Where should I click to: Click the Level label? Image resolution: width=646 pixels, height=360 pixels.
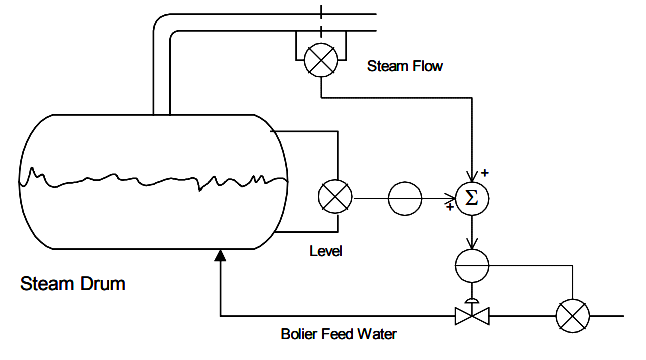pos(326,251)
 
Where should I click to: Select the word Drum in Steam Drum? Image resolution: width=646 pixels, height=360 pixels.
pos(103,284)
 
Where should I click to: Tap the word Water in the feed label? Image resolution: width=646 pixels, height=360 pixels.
pos(377,334)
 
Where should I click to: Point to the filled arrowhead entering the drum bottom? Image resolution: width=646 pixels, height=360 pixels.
pos(220,255)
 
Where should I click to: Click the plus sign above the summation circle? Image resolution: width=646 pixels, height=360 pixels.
pos(484,173)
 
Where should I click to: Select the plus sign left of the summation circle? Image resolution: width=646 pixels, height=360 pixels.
pos(449,206)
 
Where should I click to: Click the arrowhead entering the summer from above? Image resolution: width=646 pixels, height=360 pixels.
pos(472,176)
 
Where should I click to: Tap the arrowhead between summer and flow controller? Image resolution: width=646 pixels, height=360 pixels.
pos(472,243)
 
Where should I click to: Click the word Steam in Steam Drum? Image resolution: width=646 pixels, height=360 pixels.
pos(48,284)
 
